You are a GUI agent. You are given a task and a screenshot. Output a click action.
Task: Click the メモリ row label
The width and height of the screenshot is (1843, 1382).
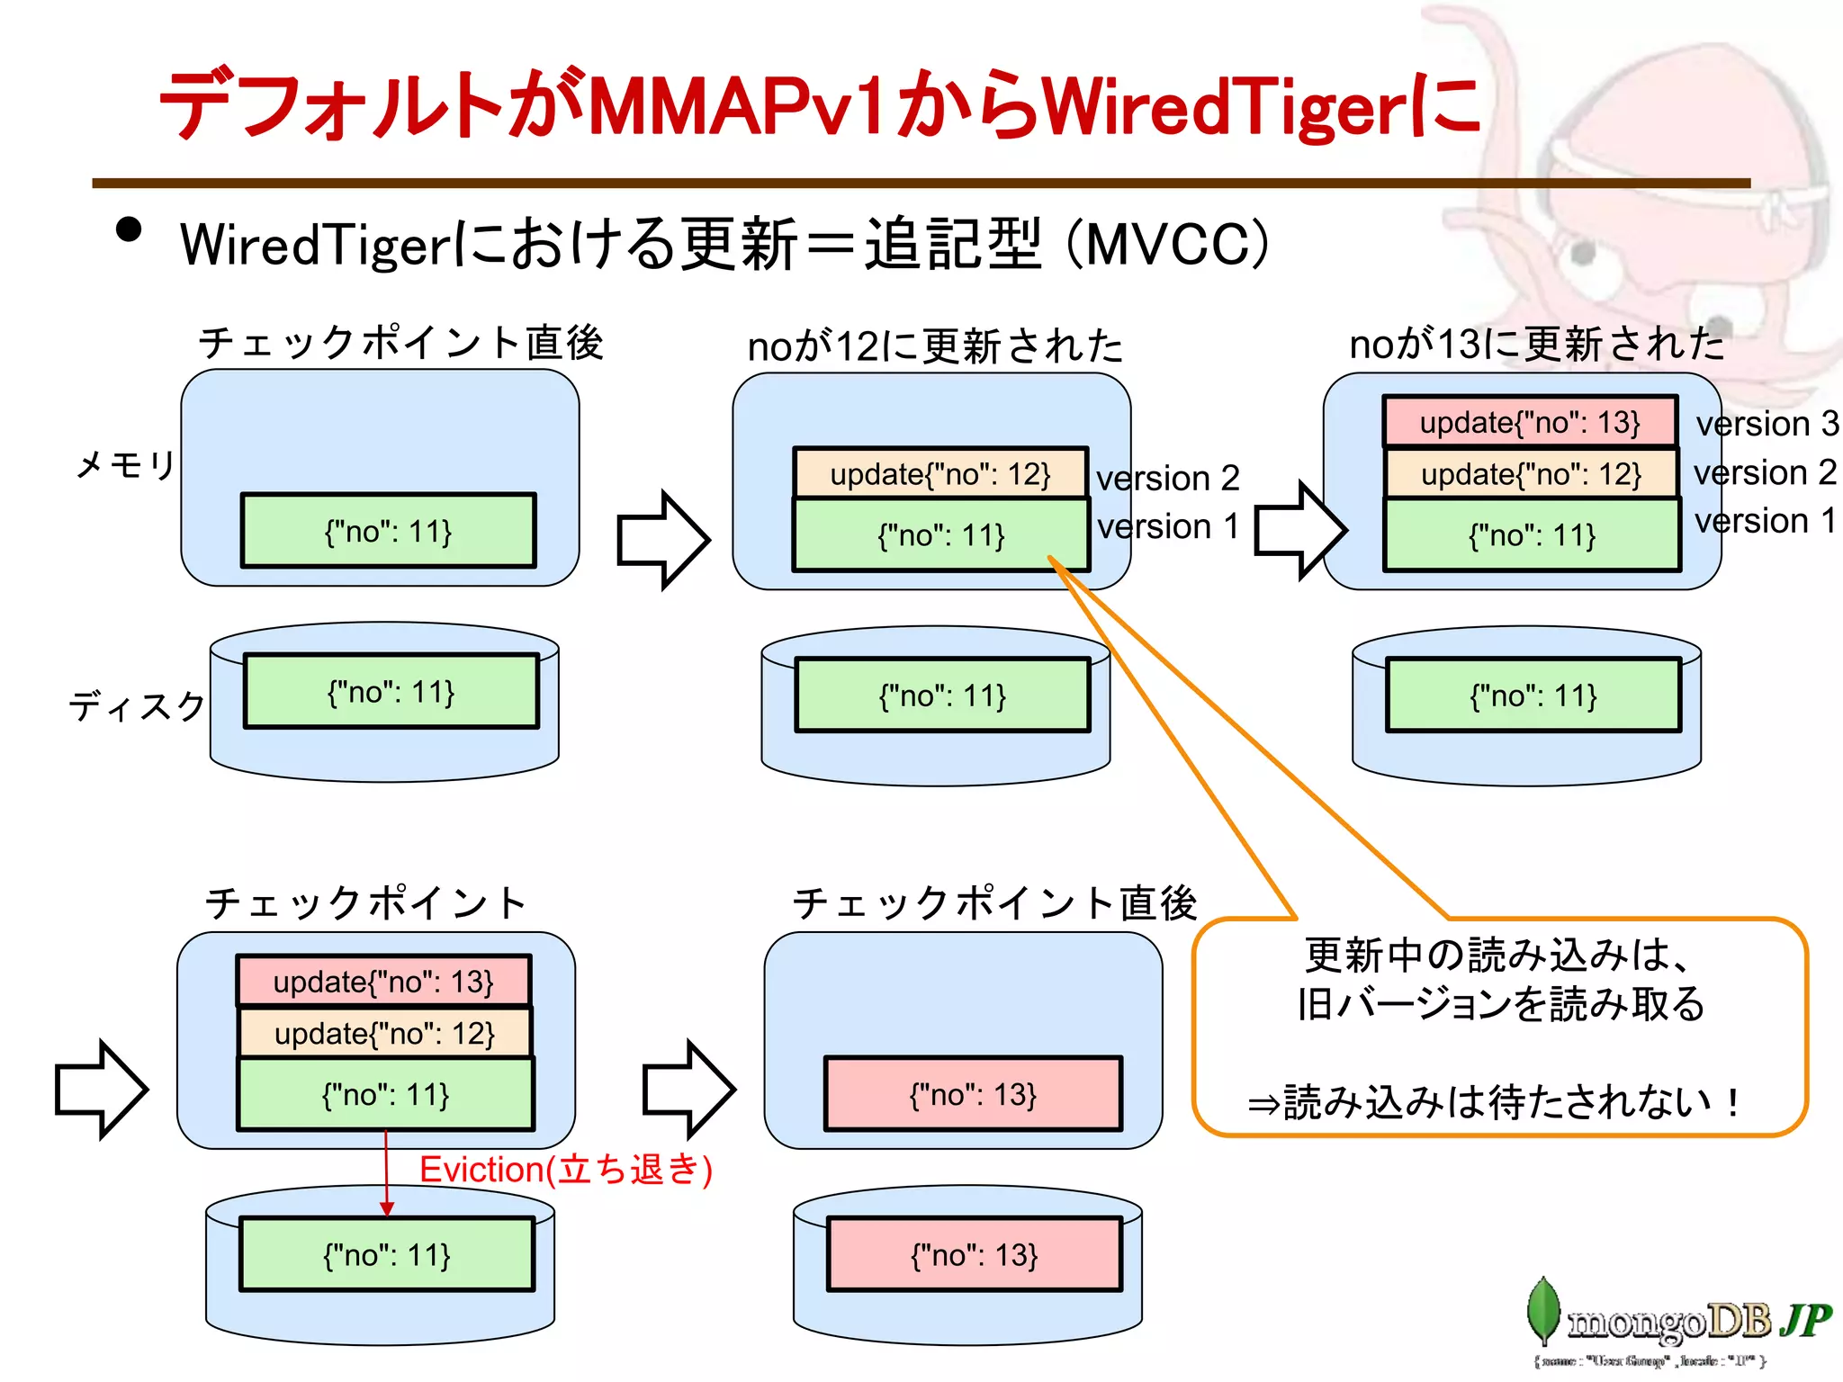(x=125, y=465)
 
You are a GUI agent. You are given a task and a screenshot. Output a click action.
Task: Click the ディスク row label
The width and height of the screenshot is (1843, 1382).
(x=137, y=706)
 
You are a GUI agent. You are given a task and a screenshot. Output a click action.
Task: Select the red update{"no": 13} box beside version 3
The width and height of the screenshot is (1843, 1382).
(x=1529, y=422)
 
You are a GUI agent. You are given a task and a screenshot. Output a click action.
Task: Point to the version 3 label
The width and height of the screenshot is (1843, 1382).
(x=1767, y=424)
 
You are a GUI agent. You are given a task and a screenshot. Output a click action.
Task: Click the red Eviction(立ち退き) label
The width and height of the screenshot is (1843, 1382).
(x=565, y=1170)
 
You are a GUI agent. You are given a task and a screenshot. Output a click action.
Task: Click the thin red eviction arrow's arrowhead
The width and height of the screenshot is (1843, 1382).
(x=386, y=1208)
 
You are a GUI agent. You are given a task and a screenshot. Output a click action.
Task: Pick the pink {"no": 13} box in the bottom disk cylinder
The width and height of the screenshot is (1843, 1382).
(x=974, y=1254)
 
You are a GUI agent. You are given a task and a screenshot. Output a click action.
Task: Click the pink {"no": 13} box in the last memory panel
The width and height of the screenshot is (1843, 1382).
(x=973, y=1094)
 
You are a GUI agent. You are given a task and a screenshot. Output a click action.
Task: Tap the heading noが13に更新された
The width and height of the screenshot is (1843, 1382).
(x=1536, y=345)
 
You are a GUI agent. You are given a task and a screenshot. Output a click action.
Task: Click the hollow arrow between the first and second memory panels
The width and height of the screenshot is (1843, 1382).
(x=663, y=540)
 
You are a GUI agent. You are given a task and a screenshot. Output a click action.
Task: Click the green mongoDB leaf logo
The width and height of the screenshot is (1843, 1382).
(x=1542, y=1311)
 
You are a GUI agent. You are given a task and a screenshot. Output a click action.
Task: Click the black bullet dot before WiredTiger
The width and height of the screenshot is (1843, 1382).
(x=129, y=230)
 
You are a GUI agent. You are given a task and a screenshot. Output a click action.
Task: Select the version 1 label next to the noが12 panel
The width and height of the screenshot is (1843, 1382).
(x=1167, y=526)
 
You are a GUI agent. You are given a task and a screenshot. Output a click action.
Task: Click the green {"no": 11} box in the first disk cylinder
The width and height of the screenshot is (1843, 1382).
(x=391, y=692)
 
